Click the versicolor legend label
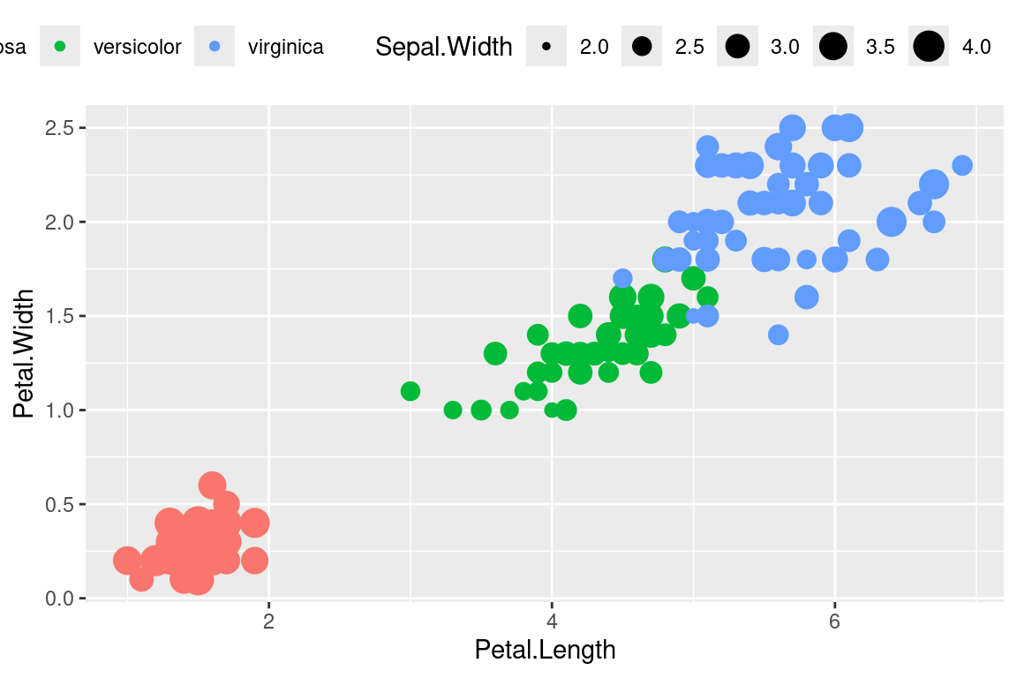(x=137, y=47)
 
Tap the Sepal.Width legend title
(x=444, y=47)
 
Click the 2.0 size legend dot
(x=547, y=47)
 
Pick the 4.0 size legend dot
(x=929, y=47)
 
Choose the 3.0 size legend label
(x=785, y=47)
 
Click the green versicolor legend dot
(x=60, y=47)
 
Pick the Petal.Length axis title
(x=545, y=651)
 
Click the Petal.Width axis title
(x=25, y=353)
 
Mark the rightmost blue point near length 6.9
(x=962, y=165)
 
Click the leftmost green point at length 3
(x=410, y=391)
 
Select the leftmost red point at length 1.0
(x=127, y=560)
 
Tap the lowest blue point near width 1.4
(x=778, y=335)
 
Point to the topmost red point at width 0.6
(x=212, y=485)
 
